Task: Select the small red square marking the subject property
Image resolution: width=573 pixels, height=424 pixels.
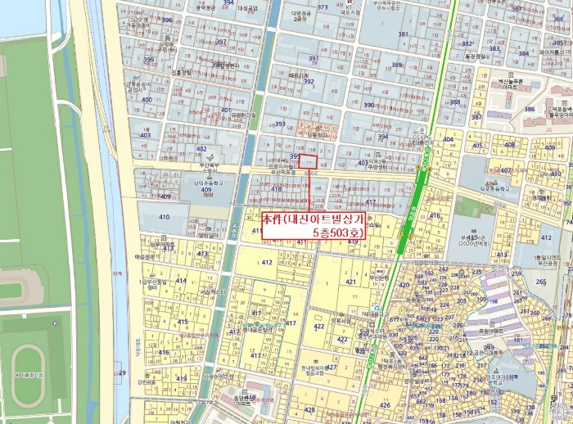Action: (x=308, y=160)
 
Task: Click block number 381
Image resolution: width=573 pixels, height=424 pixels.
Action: (x=403, y=34)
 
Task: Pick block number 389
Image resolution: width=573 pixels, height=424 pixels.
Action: (x=397, y=65)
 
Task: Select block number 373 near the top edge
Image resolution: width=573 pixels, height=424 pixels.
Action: (x=323, y=7)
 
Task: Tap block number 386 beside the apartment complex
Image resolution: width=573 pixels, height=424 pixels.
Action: (x=530, y=109)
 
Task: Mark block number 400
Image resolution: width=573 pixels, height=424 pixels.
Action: (x=147, y=100)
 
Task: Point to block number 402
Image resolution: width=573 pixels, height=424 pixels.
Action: (x=201, y=148)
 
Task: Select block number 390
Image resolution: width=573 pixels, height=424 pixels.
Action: (x=369, y=105)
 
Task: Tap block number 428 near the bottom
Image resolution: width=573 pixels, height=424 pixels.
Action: (x=309, y=409)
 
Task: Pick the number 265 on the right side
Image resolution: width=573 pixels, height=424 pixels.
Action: (x=540, y=282)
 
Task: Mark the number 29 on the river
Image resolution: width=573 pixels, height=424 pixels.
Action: (x=123, y=372)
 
